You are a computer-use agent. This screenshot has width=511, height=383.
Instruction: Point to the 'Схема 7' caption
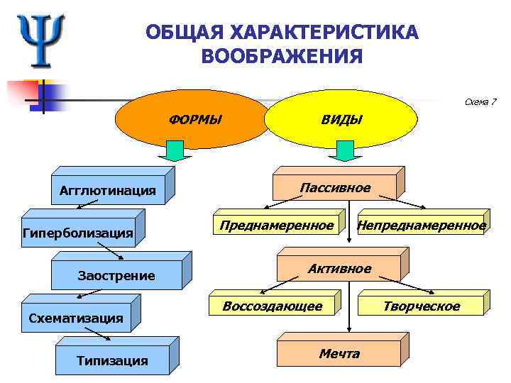click(x=480, y=102)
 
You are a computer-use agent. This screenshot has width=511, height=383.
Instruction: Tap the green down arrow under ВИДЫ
click(x=345, y=150)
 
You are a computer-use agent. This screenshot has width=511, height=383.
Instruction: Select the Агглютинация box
click(x=108, y=191)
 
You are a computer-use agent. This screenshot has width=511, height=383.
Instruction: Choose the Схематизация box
click(x=76, y=318)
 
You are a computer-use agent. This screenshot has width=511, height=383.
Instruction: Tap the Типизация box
click(x=112, y=360)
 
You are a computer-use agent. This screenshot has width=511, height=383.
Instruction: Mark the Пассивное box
click(x=335, y=188)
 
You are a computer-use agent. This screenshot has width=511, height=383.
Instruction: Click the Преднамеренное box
click(x=276, y=226)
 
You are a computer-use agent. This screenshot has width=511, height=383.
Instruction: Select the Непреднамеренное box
click(x=422, y=226)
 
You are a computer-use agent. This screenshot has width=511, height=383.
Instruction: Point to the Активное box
click(x=339, y=269)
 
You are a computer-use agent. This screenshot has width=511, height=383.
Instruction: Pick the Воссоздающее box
click(x=272, y=306)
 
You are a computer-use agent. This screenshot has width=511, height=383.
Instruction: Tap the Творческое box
click(x=422, y=306)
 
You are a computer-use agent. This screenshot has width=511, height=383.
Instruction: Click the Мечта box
click(x=339, y=353)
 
